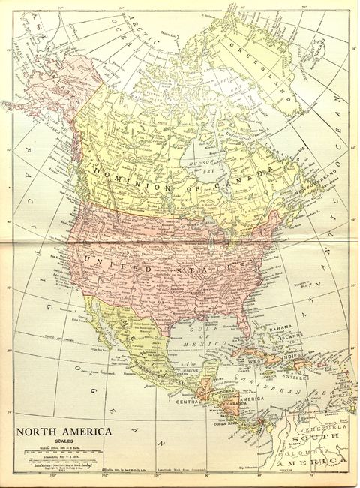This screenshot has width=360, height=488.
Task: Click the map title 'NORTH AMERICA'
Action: (64, 432)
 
